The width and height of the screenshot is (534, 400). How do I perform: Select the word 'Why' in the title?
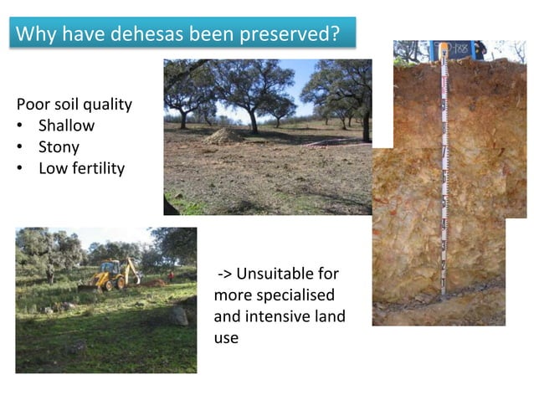tap(34, 35)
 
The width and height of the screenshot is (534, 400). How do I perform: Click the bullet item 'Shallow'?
tap(66, 126)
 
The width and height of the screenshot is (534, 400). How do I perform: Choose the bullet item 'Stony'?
tap(59, 147)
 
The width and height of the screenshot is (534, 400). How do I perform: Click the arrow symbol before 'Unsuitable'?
tap(224, 274)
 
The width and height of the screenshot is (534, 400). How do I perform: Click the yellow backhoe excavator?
tap(110, 275)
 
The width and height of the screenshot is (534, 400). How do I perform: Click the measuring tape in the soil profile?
tap(444, 167)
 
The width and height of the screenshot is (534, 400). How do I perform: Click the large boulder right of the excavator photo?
tap(177, 315)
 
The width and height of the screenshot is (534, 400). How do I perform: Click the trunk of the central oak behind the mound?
tap(252, 121)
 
